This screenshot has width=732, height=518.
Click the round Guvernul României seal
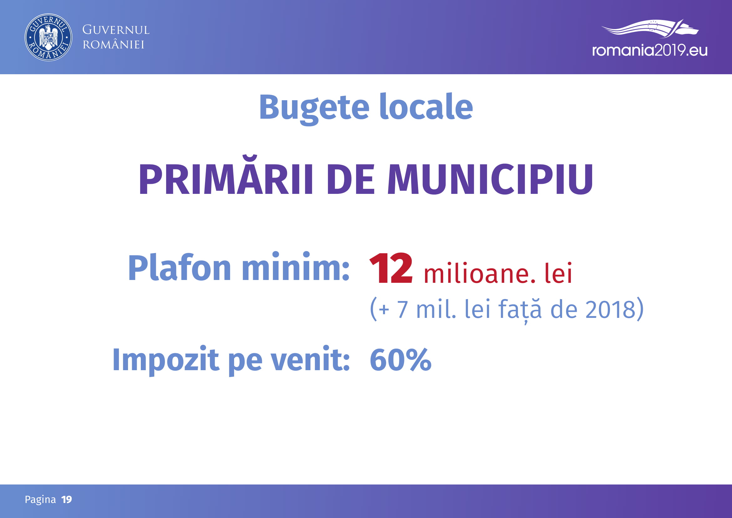tap(49, 37)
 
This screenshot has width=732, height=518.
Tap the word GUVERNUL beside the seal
tap(116, 30)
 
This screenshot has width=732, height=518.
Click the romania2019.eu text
tap(650, 50)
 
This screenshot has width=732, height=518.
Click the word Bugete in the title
tap(314, 108)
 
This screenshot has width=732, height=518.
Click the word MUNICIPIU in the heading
tap(490, 179)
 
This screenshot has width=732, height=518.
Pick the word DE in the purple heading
tap(351, 179)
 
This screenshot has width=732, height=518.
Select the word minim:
tap(295, 267)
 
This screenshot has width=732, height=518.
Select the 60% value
tap(401, 360)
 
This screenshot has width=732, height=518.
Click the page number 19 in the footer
tap(67, 499)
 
